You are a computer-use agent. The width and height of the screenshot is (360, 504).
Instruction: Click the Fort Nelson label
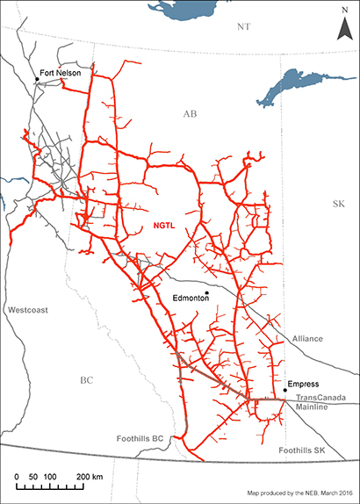tap(61, 73)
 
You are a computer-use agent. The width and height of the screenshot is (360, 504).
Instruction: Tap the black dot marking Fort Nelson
tap(37, 80)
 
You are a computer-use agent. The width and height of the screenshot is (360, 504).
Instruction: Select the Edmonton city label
tap(191, 299)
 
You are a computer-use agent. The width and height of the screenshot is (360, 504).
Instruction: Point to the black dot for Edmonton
tap(206, 293)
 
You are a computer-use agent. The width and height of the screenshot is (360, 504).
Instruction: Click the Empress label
tap(304, 384)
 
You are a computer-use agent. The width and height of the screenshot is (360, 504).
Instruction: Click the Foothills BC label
tap(140, 437)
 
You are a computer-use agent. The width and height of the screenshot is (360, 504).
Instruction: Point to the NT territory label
tap(245, 28)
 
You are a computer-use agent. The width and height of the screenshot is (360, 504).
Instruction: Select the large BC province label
tap(86, 380)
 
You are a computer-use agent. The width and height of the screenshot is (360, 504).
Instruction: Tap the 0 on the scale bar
tap(19, 475)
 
